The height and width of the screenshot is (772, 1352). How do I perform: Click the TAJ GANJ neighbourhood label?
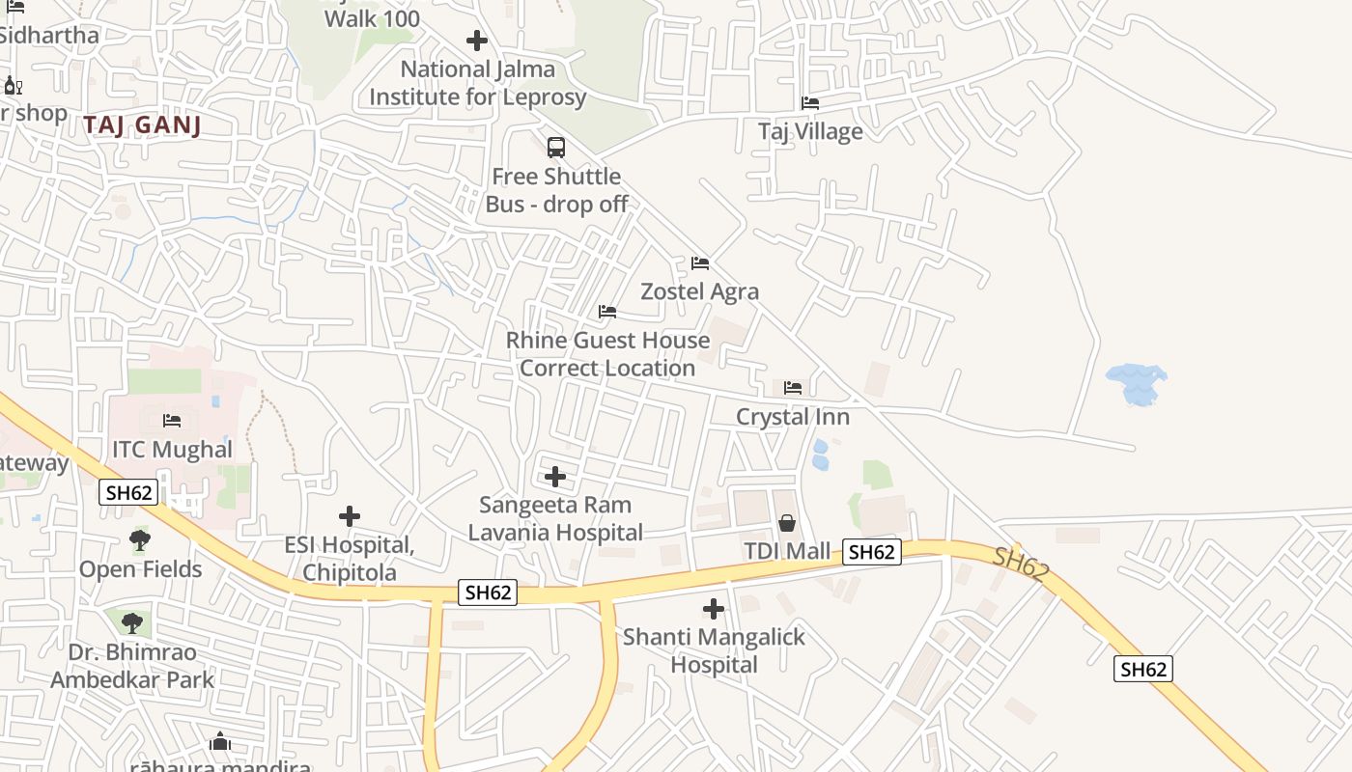[x=142, y=124]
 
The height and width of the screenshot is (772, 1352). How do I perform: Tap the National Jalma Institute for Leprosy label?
[x=477, y=83]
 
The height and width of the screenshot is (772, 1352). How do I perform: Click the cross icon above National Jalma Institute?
[x=477, y=41]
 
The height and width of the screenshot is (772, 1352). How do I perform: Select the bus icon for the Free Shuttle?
[x=556, y=148]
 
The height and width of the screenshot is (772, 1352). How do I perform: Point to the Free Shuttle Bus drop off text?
[x=556, y=190]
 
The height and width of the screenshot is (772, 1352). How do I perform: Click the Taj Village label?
[x=810, y=131]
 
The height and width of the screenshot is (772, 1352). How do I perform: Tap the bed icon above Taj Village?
[x=810, y=103]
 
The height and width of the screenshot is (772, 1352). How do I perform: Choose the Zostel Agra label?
[x=700, y=291]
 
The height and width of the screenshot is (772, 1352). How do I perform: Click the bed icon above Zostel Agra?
[x=700, y=263]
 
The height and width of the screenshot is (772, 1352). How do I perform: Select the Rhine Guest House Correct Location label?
[x=607, y=354]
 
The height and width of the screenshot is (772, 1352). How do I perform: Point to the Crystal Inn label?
[x=793, y=417]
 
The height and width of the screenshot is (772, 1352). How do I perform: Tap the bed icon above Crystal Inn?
[x=793, y=388]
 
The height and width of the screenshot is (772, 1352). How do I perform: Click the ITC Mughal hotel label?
[x=172, y=450]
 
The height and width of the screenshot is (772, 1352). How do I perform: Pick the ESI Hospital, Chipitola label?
[x=350, y=559]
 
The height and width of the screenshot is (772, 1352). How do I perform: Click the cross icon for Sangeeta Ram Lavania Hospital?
[x=555, y=477]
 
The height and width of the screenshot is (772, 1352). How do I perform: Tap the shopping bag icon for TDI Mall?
[x=787, y=523]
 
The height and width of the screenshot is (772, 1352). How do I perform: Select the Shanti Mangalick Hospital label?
[x=714, y=651]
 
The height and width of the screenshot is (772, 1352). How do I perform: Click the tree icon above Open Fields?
[x=140, y=540]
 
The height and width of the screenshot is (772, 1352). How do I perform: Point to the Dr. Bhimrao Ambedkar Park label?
[x=132, y=666]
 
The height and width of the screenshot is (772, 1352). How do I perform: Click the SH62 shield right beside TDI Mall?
[x=871, y=552]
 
